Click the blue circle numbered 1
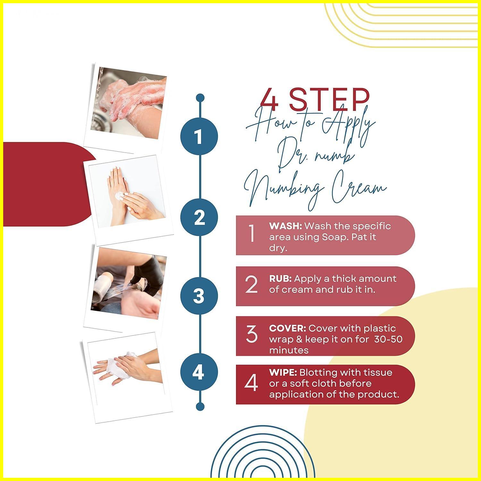(199, 136)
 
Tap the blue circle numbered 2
(199, 217)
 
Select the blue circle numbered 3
(199, 295)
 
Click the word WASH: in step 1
(285, 226)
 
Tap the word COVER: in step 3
(287, 328)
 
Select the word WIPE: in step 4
(283, 373)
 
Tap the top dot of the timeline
(200, 97)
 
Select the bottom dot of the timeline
(200, 407)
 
